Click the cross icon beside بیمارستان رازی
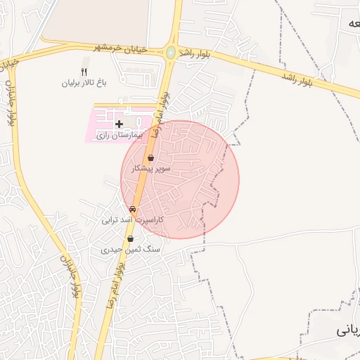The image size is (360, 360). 119,123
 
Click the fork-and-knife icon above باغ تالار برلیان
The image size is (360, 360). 84,72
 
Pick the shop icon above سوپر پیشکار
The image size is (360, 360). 151,158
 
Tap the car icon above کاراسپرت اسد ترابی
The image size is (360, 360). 133,209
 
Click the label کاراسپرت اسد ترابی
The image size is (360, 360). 133,219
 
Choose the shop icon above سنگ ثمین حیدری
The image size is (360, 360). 130,239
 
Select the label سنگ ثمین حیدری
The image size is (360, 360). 131,250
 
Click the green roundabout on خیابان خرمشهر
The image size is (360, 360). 170,52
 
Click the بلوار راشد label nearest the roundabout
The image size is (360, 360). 195,54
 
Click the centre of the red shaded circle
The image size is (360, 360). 180,180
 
